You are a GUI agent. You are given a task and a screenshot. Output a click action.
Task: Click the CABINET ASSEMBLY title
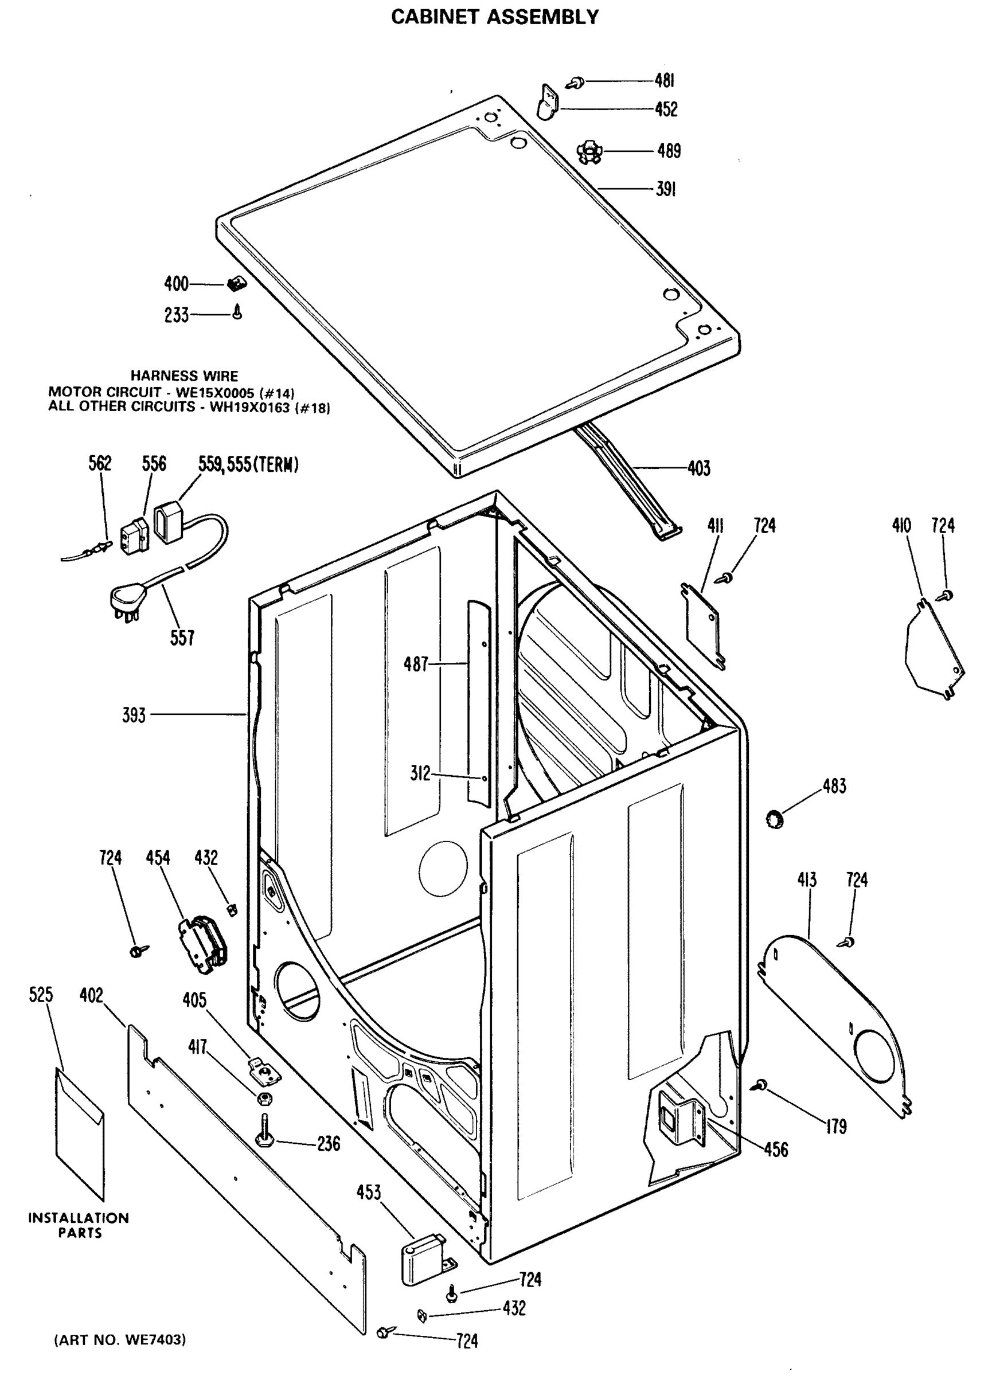tap(494, 17)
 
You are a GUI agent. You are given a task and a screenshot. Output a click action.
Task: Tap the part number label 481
tap(665, 81)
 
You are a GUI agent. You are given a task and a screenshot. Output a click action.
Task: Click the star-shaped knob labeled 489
tap(587, 151)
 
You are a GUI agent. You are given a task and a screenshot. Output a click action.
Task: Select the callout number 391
tap(666, 189)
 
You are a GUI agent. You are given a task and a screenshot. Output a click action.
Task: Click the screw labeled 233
tap(238, 312)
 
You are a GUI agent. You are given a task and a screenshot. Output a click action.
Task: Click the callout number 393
tap(134, 716)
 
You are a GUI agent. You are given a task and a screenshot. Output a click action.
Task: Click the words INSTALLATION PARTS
tap(79, 1225)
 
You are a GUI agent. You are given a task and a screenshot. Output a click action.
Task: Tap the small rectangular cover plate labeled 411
tap(703, 628)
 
